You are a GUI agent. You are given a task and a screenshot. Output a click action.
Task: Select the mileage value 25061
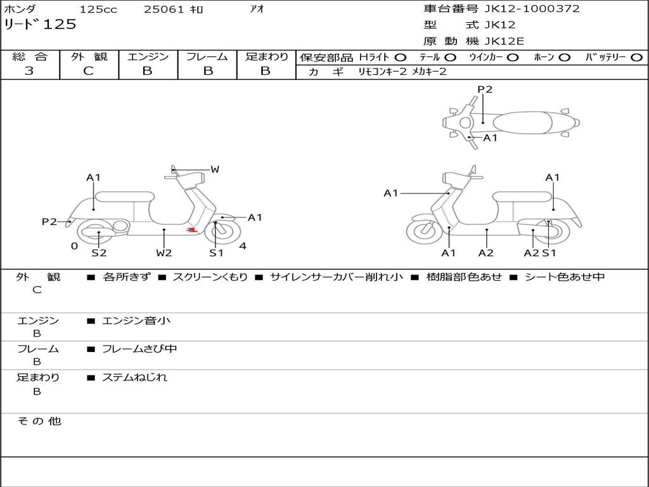(x=164, y=10)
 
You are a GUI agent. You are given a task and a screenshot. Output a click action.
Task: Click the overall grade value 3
(x=29, y=71)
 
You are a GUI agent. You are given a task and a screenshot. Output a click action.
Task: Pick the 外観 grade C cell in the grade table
(x=89, y=71)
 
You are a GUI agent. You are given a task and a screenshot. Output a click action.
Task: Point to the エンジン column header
(x=148, y=56)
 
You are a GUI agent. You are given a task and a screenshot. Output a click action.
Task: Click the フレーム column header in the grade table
(x=207, y=56)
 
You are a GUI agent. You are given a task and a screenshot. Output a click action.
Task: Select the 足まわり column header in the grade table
(x=266, y=56)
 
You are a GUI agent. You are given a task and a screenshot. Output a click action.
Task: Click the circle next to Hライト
(x=401, y=57)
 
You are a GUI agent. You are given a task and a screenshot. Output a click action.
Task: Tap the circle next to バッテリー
(x=636, y=57)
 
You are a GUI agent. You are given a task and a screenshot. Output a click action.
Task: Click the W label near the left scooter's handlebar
(x=215, y=169)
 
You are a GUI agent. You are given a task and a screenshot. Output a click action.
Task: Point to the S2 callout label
(x=99, y=253)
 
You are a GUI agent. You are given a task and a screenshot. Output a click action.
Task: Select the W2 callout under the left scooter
(x=164, y=253)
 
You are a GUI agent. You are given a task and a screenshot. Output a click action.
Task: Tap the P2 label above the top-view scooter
(x=485, y=89)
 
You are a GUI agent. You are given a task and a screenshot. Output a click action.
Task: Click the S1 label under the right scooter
(x=549, y=253)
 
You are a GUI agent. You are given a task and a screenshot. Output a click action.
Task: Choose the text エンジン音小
(x=136, y=321)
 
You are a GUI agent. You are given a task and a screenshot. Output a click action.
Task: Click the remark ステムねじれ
(x=134, y=377)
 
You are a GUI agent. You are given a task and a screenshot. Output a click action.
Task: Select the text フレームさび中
(x=139, y=349)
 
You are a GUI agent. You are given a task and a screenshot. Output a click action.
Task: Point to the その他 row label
(x=39, y=421)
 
